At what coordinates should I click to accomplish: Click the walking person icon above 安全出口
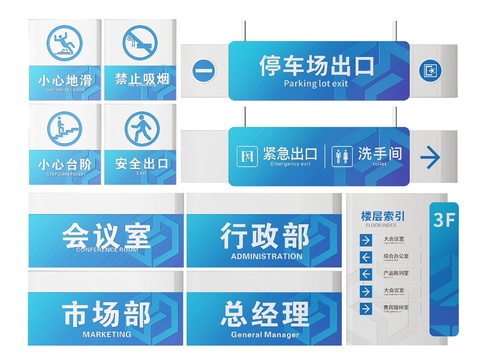point(141,128)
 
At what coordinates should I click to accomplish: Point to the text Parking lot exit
point(316,84)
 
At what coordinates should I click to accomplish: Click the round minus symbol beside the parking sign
point(204,70)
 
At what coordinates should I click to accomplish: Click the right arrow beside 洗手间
point(431,156)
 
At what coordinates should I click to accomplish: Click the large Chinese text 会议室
point(106,237)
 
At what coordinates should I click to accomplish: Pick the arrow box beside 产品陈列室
point(366,274)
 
